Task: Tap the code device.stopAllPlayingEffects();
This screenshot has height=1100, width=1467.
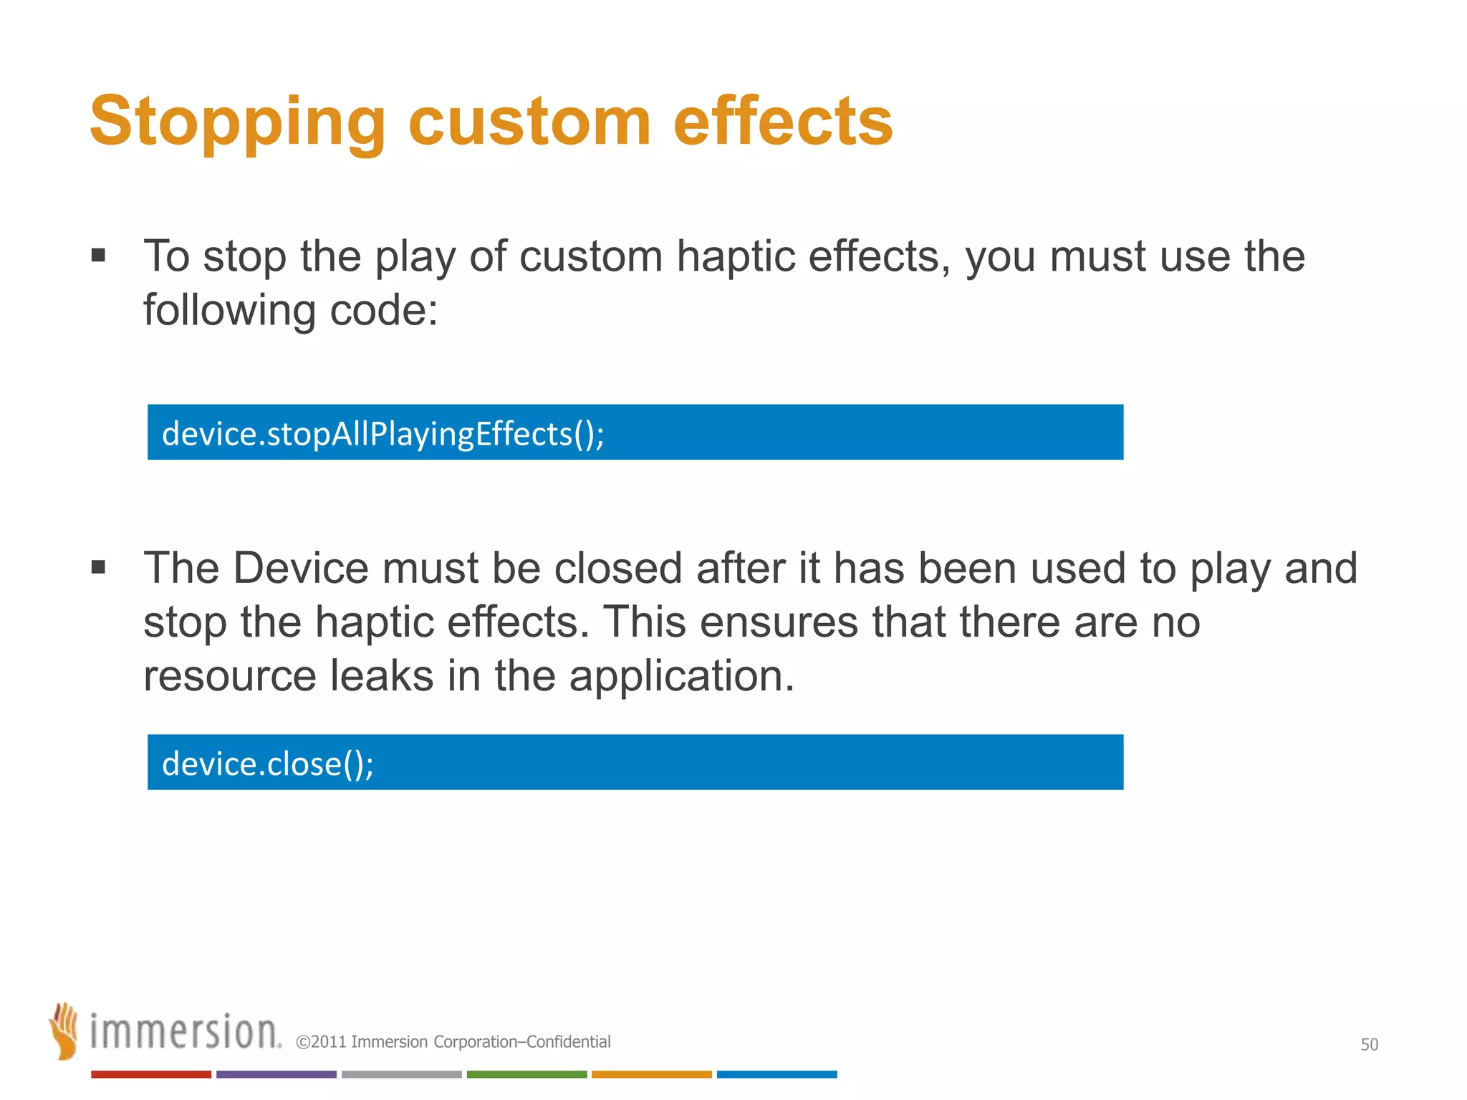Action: click(383, 434)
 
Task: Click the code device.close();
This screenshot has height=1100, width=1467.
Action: click(268, 763)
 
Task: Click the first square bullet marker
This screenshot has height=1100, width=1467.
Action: click(99, 256)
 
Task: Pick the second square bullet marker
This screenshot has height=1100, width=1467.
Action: click(99, 568)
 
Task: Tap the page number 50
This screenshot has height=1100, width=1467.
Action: click(1369, 1044)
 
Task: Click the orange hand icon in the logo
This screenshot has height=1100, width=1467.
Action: click(64, 1031)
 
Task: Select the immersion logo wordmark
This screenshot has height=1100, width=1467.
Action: click(185, 1032)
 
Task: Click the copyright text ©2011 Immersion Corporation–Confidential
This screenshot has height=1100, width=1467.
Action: click(453, 1042)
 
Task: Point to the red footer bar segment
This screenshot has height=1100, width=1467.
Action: click(150, 1074)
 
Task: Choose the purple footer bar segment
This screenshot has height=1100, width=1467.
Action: click(276, 1074)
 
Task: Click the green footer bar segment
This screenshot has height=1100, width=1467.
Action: click(526, 1074)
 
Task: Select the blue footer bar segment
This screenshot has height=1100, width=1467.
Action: click(776, 1074)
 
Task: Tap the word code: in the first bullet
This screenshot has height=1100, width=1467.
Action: click(383, 311)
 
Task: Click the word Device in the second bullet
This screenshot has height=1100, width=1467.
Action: click(300, 569)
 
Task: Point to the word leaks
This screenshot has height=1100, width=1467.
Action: click(381, 676)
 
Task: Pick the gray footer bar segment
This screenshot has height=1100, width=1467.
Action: click(401, 1074)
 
